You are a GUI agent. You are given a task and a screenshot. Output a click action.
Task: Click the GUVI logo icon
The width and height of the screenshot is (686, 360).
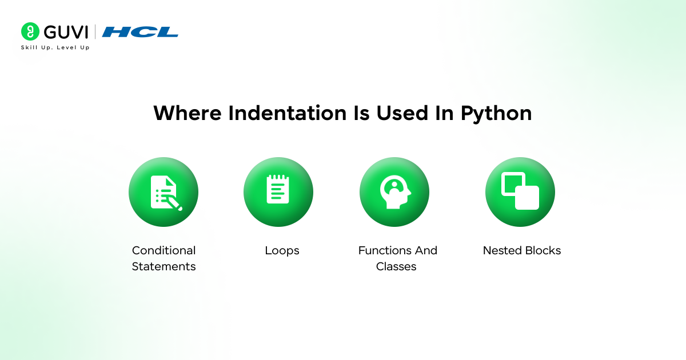tap(30, 31)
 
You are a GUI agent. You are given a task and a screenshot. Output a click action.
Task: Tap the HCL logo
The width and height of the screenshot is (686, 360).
tap(140, 32)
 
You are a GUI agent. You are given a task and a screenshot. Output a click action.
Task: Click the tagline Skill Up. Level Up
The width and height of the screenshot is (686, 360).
tap(55, 47)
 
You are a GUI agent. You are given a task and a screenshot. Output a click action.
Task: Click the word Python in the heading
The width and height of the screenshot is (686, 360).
tap(496, 113)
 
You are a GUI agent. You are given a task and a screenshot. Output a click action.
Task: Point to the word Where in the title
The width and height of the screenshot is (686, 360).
tap(188, 113)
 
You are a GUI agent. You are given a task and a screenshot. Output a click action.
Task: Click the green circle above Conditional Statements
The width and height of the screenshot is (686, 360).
tap(163, 192)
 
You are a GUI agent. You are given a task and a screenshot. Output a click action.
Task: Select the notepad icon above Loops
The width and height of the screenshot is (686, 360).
tap(278, 190)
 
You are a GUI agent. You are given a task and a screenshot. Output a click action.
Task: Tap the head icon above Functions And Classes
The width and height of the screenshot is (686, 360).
tap(394, 192)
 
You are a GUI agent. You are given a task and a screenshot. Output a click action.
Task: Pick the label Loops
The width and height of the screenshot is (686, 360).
tap(282, 250)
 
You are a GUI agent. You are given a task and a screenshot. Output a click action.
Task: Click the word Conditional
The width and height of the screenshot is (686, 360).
tap(163, 250)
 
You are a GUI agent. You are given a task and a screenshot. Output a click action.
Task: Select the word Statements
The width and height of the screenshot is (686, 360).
tap(163, 266)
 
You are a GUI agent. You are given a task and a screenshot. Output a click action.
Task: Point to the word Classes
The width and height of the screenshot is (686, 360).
tap(396, 266)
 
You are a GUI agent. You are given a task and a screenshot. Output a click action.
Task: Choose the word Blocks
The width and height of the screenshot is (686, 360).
tap(543, 250)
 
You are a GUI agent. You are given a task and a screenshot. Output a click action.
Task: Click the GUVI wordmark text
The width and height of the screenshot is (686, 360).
tap(66, 31)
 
